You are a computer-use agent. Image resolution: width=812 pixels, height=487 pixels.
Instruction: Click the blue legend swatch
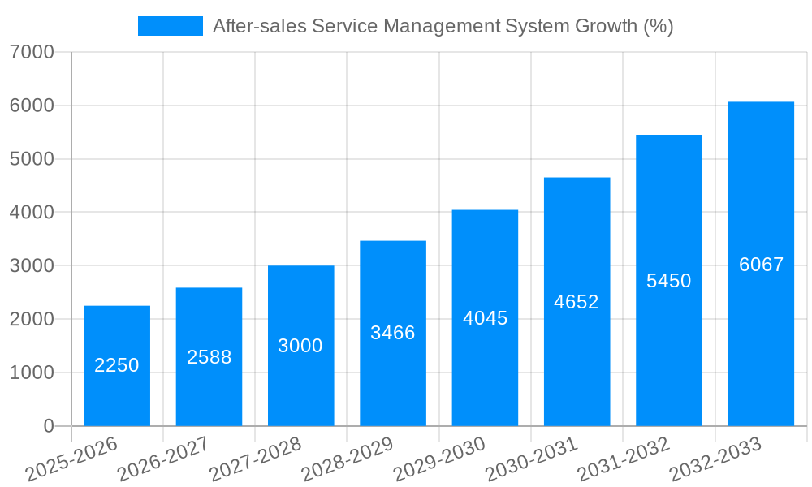click(170, 26)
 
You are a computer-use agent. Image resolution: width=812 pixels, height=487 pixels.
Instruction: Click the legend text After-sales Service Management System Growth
click(443, 26)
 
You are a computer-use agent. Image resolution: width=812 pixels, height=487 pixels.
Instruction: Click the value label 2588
click(209, 357)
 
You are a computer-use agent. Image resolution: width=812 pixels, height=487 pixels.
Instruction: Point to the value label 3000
click(300, 346)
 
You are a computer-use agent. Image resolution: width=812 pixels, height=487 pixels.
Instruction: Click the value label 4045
click(485, 318)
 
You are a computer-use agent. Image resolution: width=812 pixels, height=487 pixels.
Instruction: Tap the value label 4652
click(577, 302)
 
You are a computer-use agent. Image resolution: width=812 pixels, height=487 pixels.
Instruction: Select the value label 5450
click(668, 281)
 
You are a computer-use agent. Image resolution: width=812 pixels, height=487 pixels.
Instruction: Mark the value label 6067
click(761, 265)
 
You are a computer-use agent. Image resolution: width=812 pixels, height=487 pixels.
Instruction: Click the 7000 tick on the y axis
click(32, 53)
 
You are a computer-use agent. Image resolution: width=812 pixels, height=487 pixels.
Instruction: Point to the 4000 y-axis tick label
click(32, 213)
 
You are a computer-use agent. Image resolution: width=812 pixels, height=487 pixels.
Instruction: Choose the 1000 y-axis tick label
click(32, 373)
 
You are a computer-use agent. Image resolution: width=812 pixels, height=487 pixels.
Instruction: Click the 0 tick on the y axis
click(48, 426)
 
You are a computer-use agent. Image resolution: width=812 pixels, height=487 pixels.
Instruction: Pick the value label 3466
click(393, 333)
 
